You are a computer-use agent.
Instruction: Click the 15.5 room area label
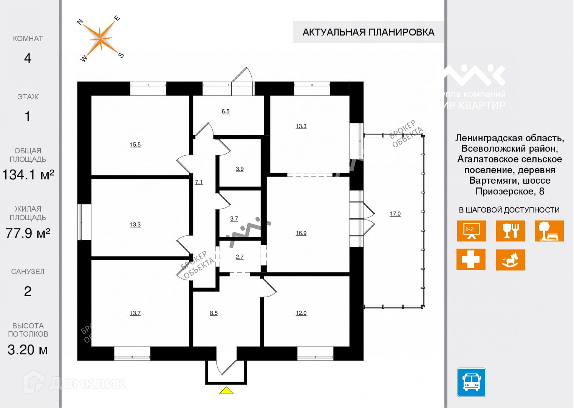[135, 145]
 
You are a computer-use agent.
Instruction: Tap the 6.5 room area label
[226, 111]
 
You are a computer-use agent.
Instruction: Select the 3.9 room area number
[240, 169]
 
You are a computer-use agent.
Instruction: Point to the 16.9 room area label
[301, 233]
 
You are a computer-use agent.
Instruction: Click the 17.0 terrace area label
[395, 214]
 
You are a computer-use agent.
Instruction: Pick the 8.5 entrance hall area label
[214, 313]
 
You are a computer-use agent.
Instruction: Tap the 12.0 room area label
[301, 313]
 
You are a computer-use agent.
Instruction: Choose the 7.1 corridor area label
[199, 182]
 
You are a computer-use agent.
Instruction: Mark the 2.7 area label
[240, 257]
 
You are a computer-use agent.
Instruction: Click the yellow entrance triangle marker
[226, 391]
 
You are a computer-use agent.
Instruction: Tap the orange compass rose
[100, 39]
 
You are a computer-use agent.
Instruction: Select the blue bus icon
[471, 382]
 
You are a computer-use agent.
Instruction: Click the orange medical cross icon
[470, 260]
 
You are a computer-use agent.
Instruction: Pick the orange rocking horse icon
[510, 260]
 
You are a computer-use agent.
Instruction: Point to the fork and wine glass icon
[510, 231]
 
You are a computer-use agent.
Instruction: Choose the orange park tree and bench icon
[549, 231]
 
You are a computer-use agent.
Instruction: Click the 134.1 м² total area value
[28, 175]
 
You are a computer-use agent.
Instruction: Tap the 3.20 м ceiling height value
[28, 350]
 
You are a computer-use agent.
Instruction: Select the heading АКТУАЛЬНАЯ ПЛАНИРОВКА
[368, 32]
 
